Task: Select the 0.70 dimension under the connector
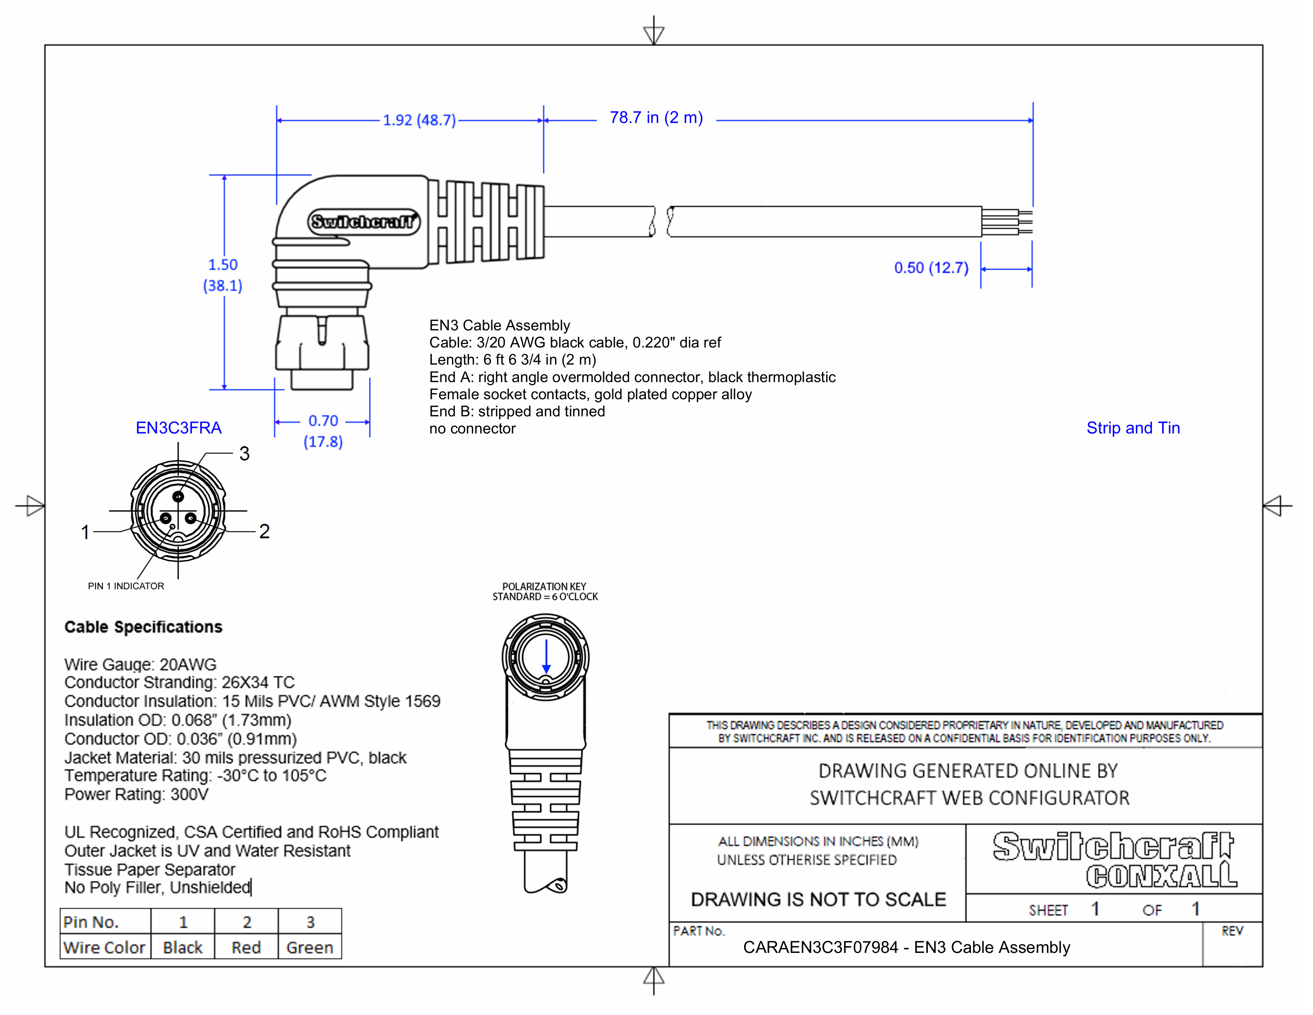[323, 421]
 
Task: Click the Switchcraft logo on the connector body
[364, 222]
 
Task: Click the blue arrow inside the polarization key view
[546, 657]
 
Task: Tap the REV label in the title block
[1232, 931]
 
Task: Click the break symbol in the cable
[661, 221]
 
